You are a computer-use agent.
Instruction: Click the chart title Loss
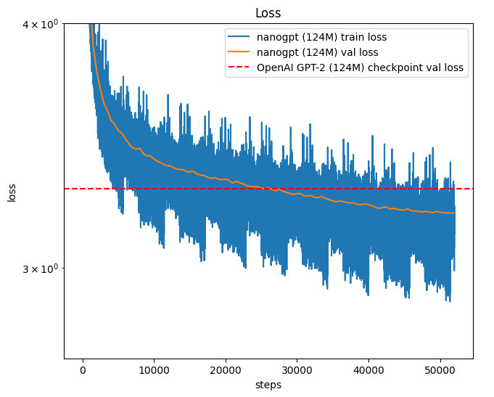coord(268,13)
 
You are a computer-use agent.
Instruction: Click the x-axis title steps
coord(268,385)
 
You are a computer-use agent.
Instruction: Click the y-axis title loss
coord(12,192)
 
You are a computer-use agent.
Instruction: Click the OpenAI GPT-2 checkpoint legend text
coord(361,68)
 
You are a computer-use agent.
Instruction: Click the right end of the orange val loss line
coord(454,213)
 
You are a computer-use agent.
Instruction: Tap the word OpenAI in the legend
coord(274,68)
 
